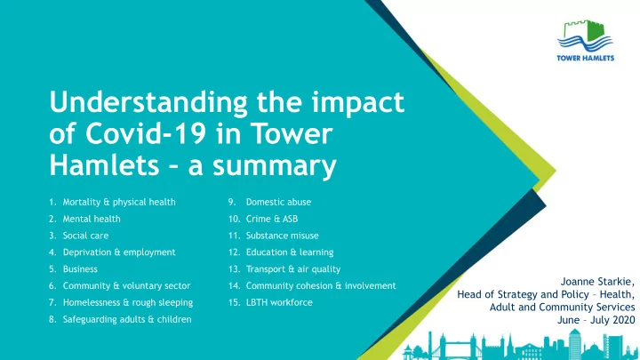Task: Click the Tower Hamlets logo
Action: click(x=585, y=40)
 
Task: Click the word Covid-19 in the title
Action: click(x=145, y=133)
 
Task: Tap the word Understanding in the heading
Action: click(x=148, y=103)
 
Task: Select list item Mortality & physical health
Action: click(x=119, y=202)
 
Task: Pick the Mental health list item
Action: click(x=92, y=219)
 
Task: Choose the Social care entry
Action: click(x=85, y=236)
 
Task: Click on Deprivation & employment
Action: click(x=119, y=252)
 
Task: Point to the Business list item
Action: click(x=80, y=269)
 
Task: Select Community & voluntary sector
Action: click(x=126, y=285)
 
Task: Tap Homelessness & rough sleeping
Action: click(x=128, y=302)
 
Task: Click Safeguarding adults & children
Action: click(x=127, y=319)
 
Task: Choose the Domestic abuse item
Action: click(x=278, y=202)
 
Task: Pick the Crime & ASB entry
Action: click(x=272, y=219)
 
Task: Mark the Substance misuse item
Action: click(x=282, y=236)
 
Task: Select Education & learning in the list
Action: click(x=290, y=252)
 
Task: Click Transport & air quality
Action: click(x=293, y=269)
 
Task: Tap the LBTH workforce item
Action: click(x=279, y=302)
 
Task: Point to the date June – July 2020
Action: click(x=596, y=320)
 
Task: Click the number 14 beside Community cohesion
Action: click(x=234, y=285)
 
